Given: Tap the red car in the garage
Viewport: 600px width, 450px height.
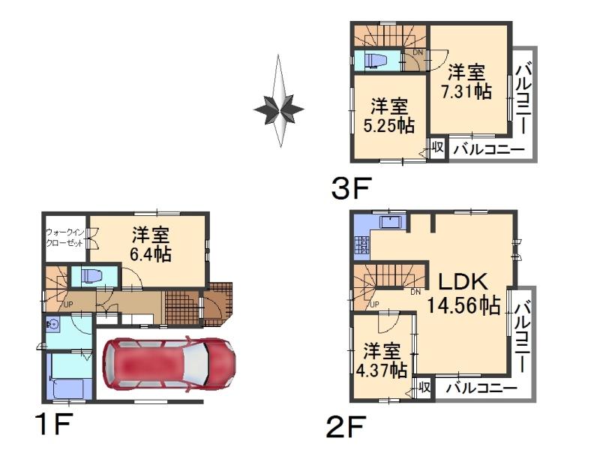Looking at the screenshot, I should tap(169, 365).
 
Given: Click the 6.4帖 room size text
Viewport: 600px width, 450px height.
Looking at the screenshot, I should tap(152, 244).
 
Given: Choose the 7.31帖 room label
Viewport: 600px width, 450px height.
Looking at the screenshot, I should tap(469, 82).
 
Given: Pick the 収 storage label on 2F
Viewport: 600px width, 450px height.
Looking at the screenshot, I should tap(424, 387).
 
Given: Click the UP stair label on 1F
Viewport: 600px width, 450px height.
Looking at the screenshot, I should tap(68, 304).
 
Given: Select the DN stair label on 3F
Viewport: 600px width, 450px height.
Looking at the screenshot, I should tap(417, 52).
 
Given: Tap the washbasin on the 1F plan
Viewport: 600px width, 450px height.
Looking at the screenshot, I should tap(52, 325).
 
